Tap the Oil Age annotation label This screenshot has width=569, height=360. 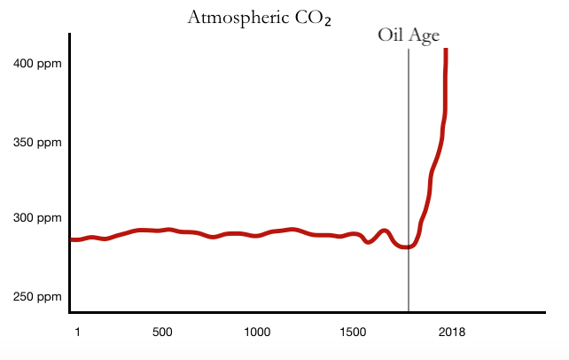(x=409, y=36)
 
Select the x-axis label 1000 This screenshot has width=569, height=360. (x=256, y=333)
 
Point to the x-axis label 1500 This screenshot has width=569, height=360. (x=352, y=333)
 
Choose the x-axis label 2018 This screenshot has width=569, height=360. (x=451, y=333)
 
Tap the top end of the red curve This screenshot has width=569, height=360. (x=446, y=51)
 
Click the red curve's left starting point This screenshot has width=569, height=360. (x=72, y=239)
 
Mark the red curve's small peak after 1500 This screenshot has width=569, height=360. (x=384, y=231)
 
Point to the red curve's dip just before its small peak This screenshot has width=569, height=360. (x=369, y=241)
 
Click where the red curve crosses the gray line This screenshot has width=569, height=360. (x=409, y=247)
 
